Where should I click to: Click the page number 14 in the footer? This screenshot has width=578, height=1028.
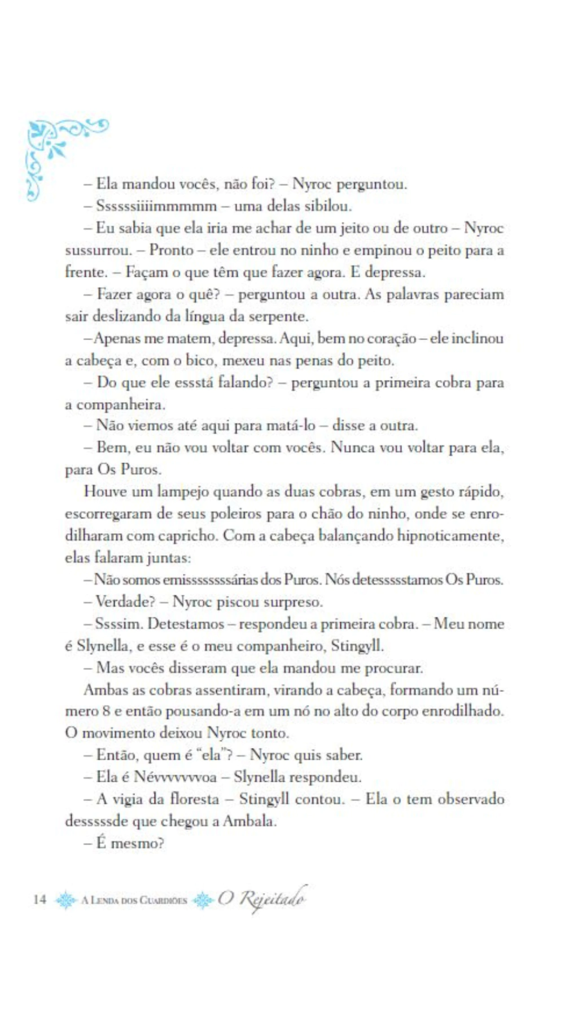[40, 899]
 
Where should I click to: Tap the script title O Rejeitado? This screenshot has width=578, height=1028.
[262, 898]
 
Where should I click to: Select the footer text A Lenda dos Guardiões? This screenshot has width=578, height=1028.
[134, 900]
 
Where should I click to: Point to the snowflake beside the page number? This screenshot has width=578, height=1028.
[65, 899]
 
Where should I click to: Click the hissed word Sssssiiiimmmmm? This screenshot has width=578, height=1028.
[156, 206]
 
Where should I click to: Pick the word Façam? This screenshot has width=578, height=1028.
[146, 272]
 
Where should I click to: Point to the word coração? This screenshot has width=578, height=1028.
[391, 338]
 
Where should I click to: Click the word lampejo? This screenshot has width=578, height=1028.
[182, 491]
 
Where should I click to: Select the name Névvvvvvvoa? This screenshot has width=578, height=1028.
[175, 777]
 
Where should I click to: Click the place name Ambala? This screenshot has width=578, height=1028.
[249, 821]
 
